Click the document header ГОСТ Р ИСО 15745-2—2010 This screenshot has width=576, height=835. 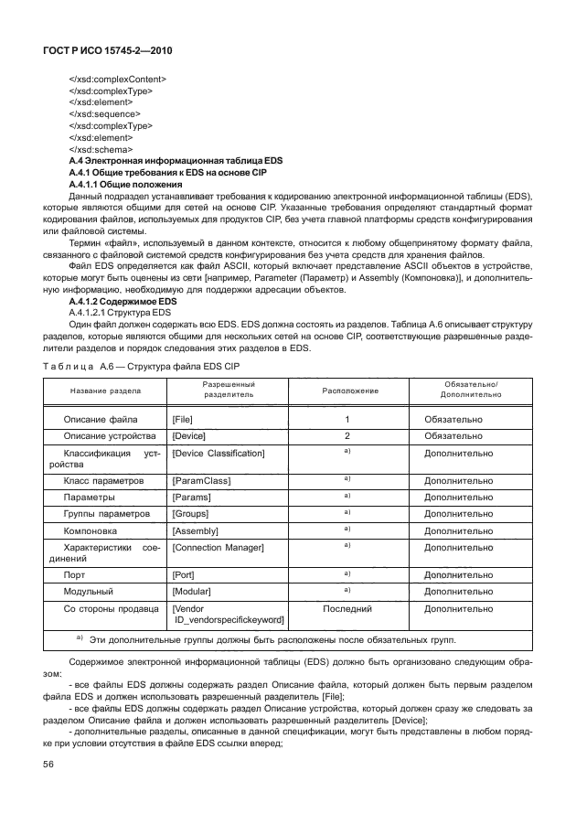point(107,51)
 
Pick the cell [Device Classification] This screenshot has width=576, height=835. point(218,453)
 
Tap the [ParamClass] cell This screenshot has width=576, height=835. point(201,480)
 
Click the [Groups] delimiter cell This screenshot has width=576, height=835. point(192,514)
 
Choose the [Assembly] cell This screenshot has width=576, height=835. point(195,530)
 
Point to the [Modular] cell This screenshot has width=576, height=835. point(192,592)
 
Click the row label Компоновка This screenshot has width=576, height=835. point(90,530)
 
